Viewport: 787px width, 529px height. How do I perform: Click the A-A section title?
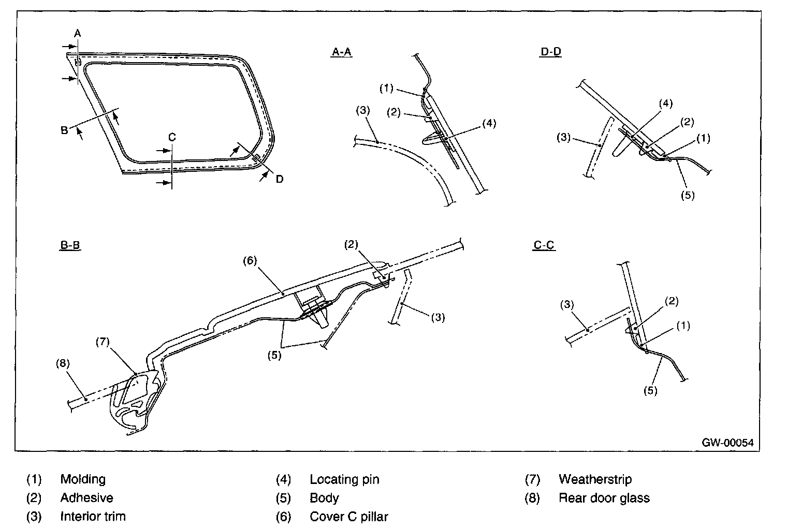[342, 52]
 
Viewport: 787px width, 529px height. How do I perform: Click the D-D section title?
[550, 52]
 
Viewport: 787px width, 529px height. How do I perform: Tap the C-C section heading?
[544, 245]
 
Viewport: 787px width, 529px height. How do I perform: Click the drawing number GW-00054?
[727, 443]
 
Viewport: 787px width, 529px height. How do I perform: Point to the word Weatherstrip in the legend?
[595, 479]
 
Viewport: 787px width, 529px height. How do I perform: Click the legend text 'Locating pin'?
[344, 479]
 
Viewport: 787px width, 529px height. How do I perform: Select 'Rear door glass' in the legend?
[604, 498]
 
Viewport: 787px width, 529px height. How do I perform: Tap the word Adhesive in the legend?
[86, 498]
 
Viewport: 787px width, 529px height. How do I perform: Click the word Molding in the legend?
[83, 479]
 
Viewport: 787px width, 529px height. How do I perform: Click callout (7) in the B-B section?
[104, 342]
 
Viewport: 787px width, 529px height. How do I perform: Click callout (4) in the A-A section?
[489, 123]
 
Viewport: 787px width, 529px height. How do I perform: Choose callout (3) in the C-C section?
[568, 305]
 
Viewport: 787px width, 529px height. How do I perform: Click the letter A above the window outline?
[77, 34]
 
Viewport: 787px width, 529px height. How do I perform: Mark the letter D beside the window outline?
[279, 179]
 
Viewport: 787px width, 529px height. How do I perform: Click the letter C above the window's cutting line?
[172, 137]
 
